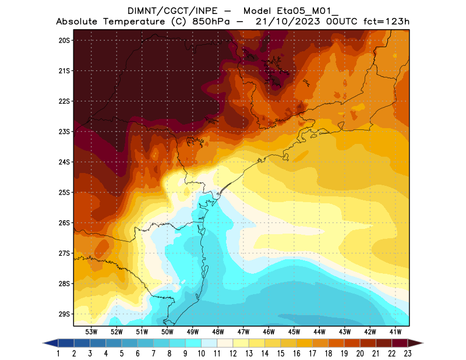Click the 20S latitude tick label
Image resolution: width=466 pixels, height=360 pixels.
tap(64, 40)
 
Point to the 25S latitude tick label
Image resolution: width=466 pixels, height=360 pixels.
tap(64, 192)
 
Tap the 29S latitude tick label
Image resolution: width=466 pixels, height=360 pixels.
tap(64, 314)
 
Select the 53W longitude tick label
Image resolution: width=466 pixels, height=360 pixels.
tap(91, 331)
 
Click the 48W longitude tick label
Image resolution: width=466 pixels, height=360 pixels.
tap(218, 331)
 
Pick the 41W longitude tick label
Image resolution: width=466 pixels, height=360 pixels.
tap(396, 331)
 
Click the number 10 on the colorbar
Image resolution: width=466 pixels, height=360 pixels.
tap(202, 354)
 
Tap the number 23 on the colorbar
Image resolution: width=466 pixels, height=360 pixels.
tap(407, 354)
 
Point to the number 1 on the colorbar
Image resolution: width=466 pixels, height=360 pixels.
tap(59, 354)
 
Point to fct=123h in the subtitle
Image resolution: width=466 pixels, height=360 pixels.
tap(386, 22)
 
